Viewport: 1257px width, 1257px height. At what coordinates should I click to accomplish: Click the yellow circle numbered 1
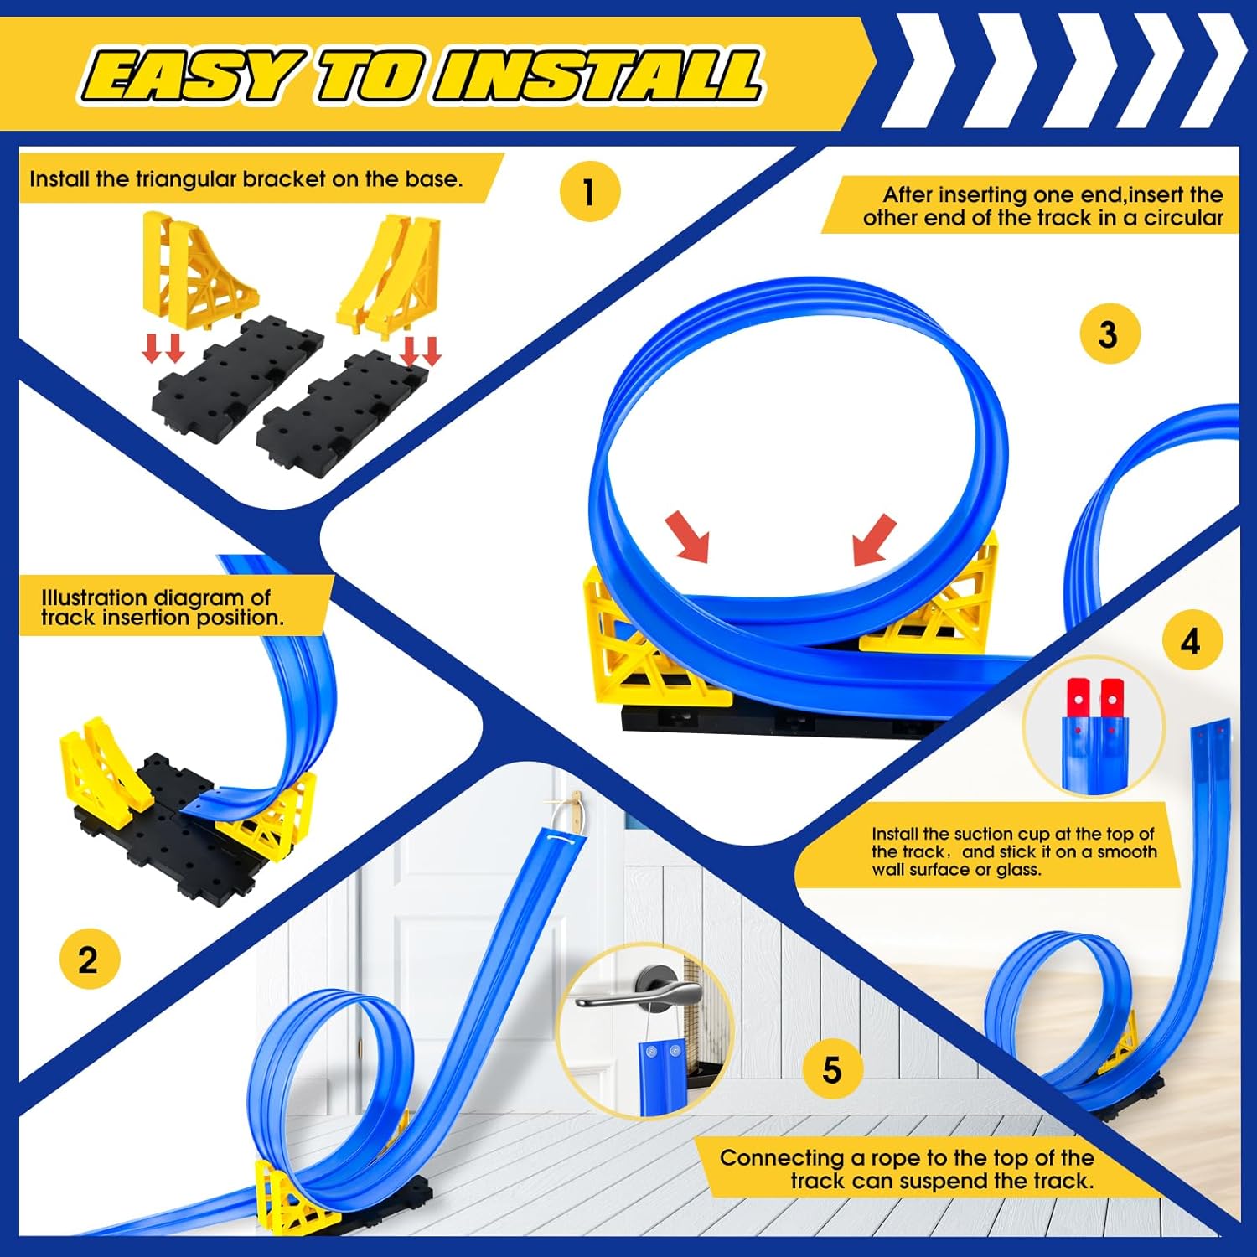point(590,191)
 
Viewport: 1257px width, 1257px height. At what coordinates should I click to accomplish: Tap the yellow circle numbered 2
point(90,959)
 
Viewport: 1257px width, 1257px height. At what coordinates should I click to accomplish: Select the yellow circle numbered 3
point(1109,334)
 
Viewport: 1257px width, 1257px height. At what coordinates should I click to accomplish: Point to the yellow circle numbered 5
point(832,1070)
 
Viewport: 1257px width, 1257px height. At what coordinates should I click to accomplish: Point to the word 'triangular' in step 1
point(187,179)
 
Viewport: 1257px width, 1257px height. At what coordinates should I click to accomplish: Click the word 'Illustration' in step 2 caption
point(95,597)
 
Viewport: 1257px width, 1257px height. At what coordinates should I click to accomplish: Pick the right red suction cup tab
point(1112,697)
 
